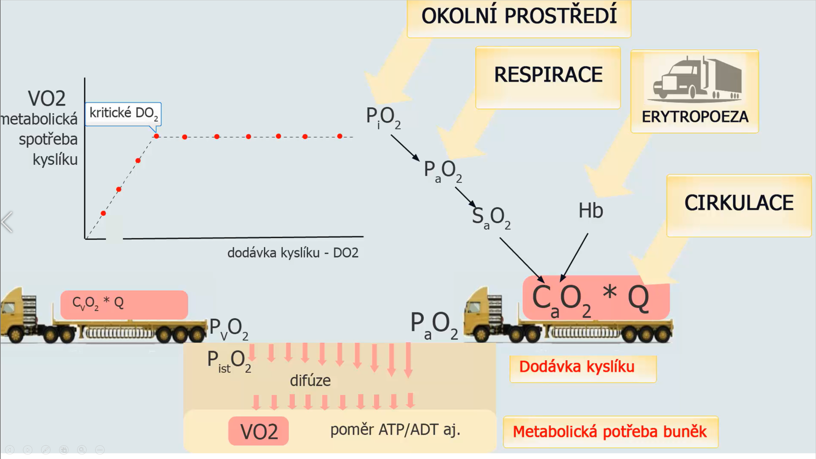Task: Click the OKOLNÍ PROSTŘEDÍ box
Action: [519, 17]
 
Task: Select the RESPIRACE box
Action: [548, 76]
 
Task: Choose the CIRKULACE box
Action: [739, 204]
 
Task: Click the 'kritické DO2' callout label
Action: [123, 114]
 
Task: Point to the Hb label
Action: [590, 211]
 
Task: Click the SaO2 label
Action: [491, 218]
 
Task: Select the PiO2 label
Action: [383, 117]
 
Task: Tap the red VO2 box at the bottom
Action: [258, 431]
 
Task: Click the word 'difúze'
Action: [310, 380]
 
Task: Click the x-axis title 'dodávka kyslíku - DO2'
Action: [293, 253]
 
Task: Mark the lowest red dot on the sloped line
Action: [103, 214]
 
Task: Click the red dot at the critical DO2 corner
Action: [156, 136]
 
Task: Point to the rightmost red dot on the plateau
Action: [340, 136]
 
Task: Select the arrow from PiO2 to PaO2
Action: [405, 148]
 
